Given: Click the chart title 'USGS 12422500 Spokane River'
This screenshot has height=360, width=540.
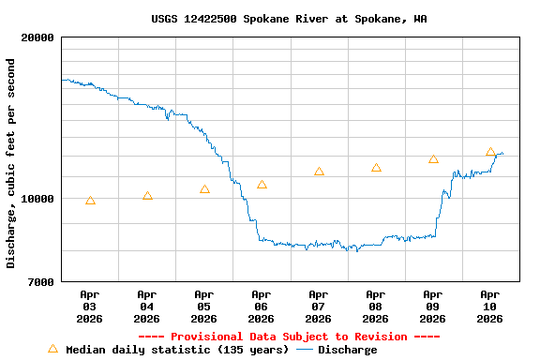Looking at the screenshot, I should pos(289,19).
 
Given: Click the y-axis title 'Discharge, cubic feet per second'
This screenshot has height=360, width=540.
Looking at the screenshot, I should pos(11,163).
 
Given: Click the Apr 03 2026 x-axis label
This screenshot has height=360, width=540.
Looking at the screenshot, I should pos(90,307).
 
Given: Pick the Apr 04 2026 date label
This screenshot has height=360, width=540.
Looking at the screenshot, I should pos(147,307).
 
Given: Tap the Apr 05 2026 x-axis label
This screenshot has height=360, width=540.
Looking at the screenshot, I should pos(204,307).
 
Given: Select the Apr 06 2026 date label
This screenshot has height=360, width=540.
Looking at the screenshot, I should pos(262,307).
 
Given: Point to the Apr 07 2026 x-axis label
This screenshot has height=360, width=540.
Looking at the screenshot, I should pos(319,307).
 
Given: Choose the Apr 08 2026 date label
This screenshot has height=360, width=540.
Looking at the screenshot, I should pos(376,307).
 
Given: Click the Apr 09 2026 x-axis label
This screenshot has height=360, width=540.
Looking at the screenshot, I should pos(433,307).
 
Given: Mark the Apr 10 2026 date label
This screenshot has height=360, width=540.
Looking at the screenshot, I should pos(490,307).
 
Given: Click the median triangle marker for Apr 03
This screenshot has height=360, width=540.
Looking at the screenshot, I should pos(90,201).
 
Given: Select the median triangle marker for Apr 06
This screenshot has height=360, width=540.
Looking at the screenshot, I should pos(262,185).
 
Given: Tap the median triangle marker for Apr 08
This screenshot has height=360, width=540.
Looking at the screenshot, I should pos(376,168).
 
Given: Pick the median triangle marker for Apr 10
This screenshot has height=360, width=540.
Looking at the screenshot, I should pos(490,152).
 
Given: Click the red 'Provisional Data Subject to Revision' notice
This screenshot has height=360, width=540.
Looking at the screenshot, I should pos(289,337).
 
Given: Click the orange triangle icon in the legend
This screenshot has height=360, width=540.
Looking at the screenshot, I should pos(52,349).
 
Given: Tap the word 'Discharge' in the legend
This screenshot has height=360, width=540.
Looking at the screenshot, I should pos(347,350).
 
